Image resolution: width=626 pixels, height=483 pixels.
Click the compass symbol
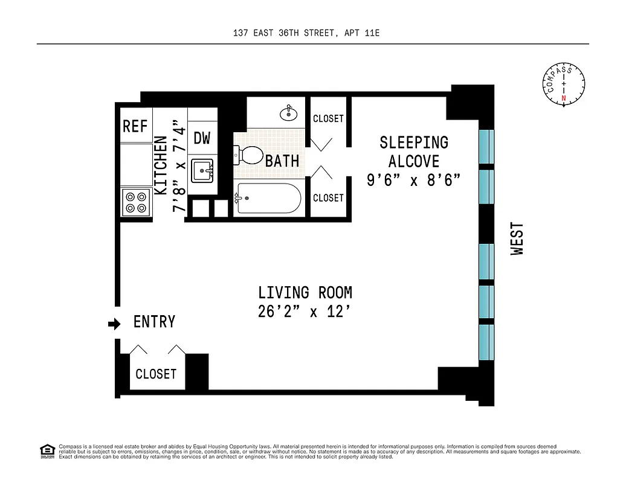[564, 85]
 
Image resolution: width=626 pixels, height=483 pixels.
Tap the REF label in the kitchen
[135, 126]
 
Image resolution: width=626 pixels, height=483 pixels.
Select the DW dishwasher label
[202, 138]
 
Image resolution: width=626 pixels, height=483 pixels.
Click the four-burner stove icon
[135, 202]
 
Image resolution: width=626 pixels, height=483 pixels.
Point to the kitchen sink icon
[202, 170]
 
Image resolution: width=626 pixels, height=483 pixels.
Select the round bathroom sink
[288, 112]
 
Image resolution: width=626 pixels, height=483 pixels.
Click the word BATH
[282, 161]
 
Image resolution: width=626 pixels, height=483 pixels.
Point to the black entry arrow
[114, 325]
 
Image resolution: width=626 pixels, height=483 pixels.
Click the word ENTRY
[154, 322]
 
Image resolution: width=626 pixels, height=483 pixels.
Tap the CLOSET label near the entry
[156, 374]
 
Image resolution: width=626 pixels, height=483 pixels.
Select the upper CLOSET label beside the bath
[328, 119]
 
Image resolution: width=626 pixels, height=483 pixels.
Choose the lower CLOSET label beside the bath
[328, 198]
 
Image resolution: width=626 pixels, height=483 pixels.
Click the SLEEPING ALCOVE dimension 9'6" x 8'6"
[414, 180]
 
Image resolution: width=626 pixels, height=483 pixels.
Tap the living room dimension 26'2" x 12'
[305, 313]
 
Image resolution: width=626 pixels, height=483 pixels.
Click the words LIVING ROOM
[305, 293]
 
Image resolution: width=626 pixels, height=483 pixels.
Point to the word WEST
[518, 239]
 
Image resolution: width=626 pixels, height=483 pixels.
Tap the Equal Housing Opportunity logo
[47, 450]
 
